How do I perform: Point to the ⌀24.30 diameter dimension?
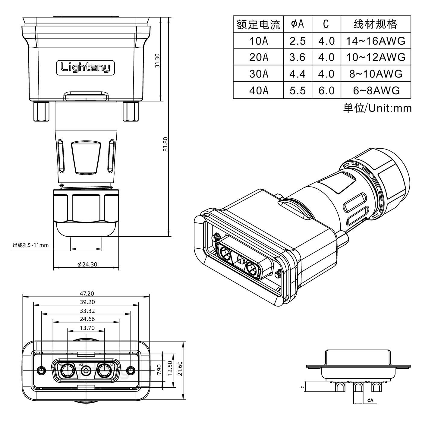[x=87, y=264]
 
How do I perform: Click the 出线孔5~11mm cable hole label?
[x=30, y=245]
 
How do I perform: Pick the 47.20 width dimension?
[x=86, y=293]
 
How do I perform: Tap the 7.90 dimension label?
[x=160, y=368]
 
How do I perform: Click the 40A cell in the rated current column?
[x=258, y=90]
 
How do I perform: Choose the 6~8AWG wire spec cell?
[x=376, y=90]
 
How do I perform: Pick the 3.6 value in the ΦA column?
[x=298, y=57]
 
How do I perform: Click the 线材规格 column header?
[x=375, y=24]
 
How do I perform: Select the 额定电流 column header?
[x=258, y=24]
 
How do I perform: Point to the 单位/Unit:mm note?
[x=377, y=108]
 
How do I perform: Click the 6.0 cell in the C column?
[x=326, y=90]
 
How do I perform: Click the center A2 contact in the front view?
[x=87, y=370]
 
